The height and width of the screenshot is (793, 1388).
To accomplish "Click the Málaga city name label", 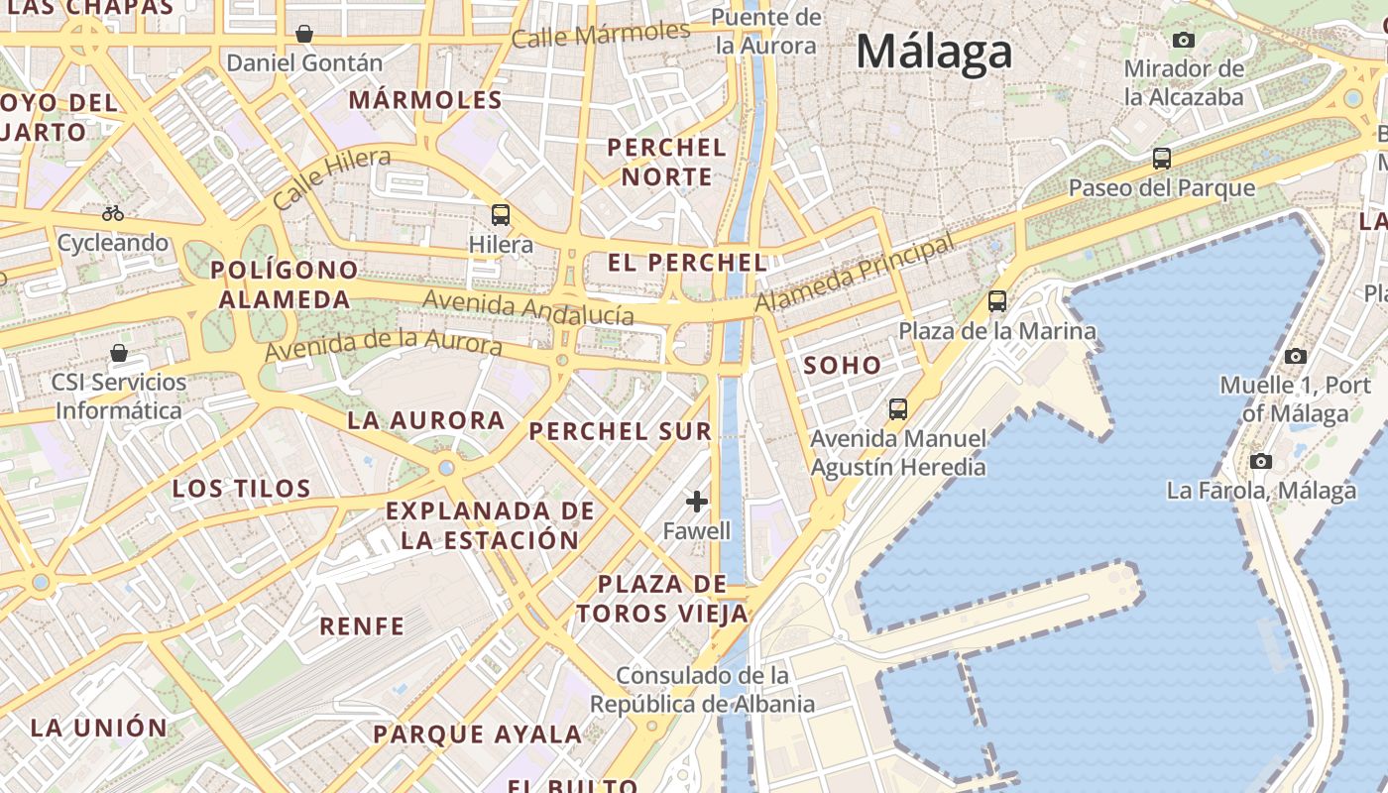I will tap(934, 52).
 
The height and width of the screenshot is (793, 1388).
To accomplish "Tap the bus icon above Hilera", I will tap(501, 214).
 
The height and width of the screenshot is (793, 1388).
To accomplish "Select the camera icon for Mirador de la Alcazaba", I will tap(1183, 40).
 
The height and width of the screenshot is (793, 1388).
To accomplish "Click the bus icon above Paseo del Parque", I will tap(1161, 158).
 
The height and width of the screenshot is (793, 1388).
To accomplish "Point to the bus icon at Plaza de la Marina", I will tap(997, 301).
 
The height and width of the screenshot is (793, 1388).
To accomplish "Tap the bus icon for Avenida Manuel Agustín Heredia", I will tap(898, 408).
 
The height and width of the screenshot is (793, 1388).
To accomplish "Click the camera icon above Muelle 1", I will tap(1295, 356).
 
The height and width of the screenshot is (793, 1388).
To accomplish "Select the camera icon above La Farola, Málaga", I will tap(1261, 461).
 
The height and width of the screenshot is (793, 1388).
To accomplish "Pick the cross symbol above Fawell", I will tap(697, 502).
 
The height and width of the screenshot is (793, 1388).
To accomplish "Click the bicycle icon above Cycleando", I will tap(113, 213).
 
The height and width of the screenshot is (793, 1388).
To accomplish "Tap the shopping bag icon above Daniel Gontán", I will tap(304, 34).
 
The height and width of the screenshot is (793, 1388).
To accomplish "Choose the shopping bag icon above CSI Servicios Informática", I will tap(119, 353).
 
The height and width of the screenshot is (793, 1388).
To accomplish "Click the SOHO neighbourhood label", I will tap(842, 365).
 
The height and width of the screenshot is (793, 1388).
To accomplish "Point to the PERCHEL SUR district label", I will tap(620, 431).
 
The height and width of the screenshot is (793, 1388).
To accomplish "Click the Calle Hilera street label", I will tap(331, 178).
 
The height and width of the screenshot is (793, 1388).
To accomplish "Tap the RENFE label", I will tap(362, 626).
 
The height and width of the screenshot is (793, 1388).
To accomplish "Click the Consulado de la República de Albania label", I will tap(703, 690).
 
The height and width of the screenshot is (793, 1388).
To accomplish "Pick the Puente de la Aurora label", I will tap(766, 31).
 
